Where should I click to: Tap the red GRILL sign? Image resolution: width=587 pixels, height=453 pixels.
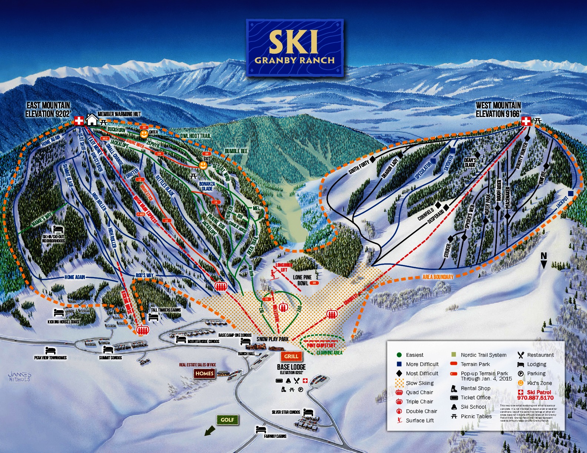[291, 356]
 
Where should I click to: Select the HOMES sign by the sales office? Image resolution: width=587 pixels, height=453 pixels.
[204, 373]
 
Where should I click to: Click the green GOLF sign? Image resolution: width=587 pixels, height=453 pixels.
[227, 420]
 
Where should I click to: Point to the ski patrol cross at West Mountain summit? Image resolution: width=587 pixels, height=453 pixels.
[526, 121]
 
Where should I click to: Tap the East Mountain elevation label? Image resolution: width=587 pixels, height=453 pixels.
[48, 110]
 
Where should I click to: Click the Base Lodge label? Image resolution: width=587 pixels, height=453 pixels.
[291, 367]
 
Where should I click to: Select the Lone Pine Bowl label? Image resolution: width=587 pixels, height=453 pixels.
[302, 280]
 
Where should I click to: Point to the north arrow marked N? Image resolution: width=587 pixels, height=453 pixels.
[544, 260]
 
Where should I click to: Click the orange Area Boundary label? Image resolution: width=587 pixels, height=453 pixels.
[438, 277]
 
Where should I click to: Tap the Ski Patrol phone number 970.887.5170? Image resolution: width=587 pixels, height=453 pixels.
[535, 398]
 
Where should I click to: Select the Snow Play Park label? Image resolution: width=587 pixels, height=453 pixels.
[272, 339]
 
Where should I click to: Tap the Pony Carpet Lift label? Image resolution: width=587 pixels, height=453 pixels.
[321, 345]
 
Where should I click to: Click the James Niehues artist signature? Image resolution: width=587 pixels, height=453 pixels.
[19, 377]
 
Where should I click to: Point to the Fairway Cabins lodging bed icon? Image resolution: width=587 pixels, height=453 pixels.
[261, 430]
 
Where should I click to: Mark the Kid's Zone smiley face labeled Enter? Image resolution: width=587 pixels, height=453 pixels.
[144, 134]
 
